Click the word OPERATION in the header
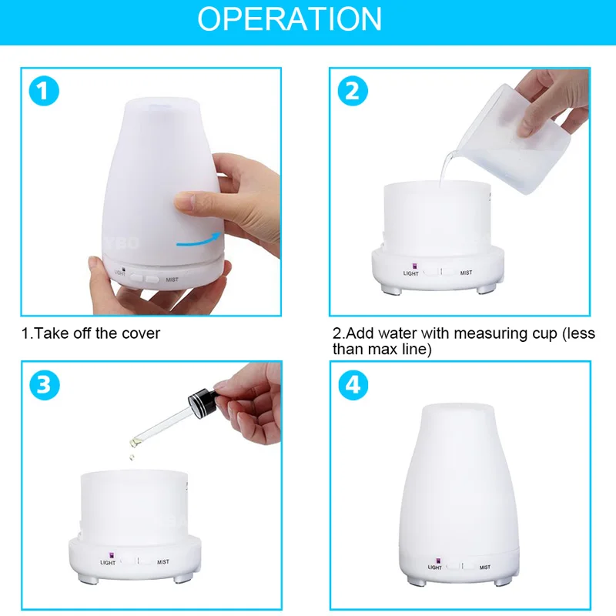[290, 18]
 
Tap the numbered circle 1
[44, 91]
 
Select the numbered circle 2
[353, 91]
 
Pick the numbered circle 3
[45, 385]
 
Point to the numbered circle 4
[353, 385]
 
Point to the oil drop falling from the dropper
[132, 457]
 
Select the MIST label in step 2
[466, 273]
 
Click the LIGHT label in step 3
[108, 563]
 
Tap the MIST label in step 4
[485, 567]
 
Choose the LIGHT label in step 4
[434, 567]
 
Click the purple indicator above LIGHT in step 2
[413, 266]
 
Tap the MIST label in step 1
[172, 280]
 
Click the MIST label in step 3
[163, 562]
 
